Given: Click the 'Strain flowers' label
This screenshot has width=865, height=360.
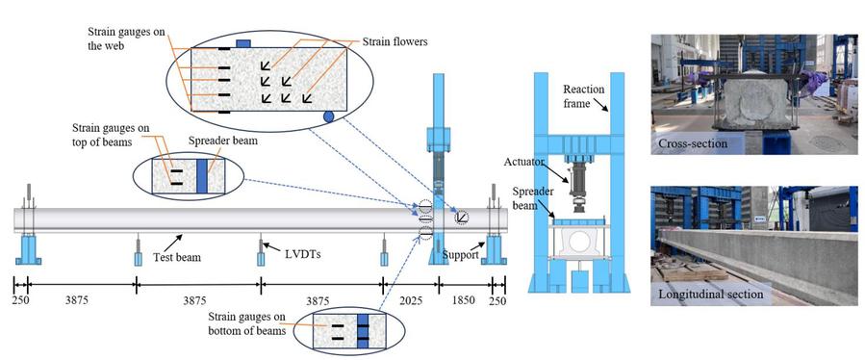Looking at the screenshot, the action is (394, 41).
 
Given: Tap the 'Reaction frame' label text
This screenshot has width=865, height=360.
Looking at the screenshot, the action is (584, 94).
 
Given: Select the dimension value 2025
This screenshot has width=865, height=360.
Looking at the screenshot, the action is (411, 301).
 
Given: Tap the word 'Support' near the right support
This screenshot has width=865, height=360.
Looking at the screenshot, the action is (460, 255).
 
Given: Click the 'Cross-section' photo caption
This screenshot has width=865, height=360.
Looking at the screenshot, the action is (693, 143).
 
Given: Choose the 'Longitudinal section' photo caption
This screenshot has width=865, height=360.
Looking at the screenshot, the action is (711, 294).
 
